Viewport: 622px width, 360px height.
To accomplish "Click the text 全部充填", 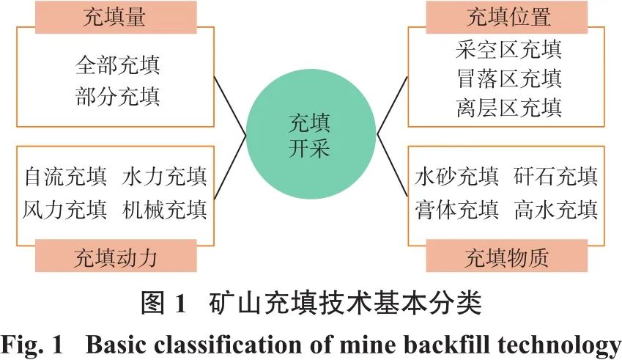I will [117, 65].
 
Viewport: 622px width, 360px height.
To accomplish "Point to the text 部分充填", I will [117, 95].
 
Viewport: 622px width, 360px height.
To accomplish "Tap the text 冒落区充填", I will [508, 78].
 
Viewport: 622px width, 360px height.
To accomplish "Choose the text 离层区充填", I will [508, 108].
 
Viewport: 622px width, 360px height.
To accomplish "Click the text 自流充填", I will [66, 176].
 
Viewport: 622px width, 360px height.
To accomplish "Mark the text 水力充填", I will [165, 176].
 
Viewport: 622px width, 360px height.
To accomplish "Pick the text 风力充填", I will [66, 210].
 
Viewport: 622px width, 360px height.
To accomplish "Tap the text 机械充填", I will [165, 210].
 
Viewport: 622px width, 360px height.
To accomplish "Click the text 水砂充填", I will [457, 176].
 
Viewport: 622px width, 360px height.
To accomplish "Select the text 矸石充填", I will [556, 176].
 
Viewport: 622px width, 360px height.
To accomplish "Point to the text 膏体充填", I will [457, 210].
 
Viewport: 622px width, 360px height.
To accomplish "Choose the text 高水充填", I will [556, 210].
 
